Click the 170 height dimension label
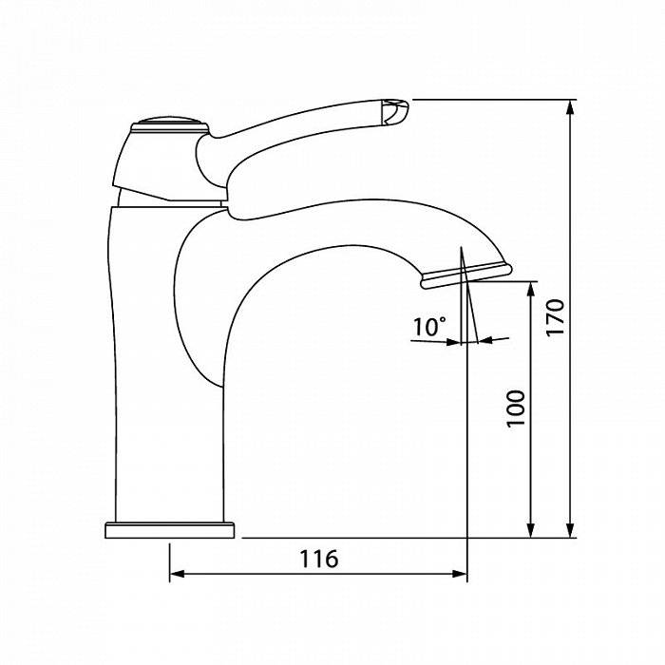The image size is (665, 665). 555,317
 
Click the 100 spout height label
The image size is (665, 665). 516,408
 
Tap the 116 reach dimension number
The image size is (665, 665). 319,559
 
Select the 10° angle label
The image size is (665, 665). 429,327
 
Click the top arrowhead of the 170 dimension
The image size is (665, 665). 570,107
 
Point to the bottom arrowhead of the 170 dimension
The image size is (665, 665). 570,530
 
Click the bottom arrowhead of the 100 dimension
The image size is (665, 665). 530,530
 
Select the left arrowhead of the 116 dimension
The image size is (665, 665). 178,574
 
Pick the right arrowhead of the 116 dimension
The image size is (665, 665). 459,574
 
